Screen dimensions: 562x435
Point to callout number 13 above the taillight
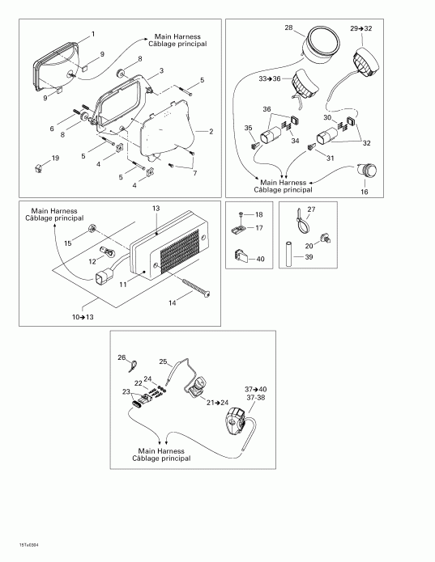(156, 208)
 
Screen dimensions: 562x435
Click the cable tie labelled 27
(306, 218)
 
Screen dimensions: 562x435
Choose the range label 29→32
(362, 28)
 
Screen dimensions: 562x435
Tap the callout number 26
(122, 357)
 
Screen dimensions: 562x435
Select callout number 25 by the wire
(162, 361)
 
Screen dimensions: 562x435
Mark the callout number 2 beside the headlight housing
(211, 130)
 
